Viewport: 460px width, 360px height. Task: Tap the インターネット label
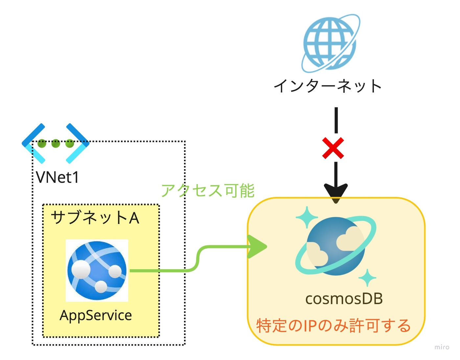328,86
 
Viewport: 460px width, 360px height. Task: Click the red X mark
333,148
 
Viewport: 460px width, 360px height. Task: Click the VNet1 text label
57,177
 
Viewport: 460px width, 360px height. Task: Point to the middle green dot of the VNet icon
56,143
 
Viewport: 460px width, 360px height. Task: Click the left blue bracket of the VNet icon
34,143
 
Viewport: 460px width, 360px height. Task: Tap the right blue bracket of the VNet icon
78,143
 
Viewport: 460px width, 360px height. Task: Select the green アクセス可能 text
208,191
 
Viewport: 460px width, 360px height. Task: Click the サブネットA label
95,218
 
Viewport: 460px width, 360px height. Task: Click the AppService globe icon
97,271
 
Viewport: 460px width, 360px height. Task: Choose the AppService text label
96,316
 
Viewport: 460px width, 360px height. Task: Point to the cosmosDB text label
344,299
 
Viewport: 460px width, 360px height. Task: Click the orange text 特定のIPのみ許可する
333,326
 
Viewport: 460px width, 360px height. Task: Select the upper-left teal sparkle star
307,217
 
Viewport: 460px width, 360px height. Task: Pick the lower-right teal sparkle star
367,277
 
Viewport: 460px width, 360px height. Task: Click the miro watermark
442,347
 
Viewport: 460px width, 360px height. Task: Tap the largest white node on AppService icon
81,269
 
